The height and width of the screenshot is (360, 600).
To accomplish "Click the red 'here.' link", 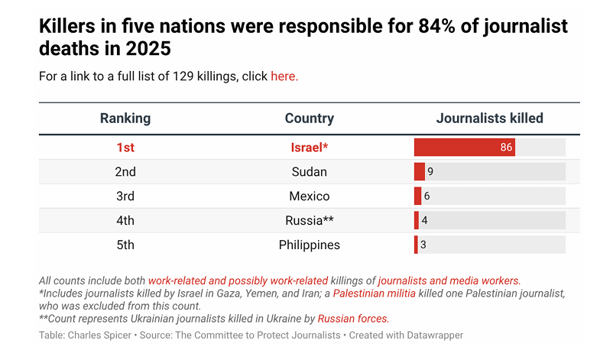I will [x=284, y=76].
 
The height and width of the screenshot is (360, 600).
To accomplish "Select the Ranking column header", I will [x=125, y=118].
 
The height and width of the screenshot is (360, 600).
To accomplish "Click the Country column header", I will [x=309, y=118].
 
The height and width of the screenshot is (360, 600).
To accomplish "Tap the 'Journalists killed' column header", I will [x=489, y=118].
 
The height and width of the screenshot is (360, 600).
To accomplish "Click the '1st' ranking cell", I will [x=125, y=148].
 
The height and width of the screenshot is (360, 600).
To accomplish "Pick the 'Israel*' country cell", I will [x=309, y=148].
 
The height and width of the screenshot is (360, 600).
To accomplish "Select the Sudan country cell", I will [x=309, y=172].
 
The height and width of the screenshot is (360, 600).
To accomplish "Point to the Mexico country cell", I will [x=309, y=196].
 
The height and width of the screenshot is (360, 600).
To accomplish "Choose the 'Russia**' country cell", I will [x=309, y=221].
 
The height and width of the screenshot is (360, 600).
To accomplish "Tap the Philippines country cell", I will [x=309, y=245].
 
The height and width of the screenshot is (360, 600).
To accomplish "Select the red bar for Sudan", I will [x=419, y=172].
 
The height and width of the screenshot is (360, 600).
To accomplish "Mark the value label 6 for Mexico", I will [x=426, y=196].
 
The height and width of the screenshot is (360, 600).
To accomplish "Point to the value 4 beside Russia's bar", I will [x=424, y=221].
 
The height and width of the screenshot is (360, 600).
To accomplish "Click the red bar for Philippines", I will [x=416, y=245].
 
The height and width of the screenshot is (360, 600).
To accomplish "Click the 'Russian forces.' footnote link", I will [x=353, y=319].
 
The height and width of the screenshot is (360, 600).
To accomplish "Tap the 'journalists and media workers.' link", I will [x=449, y=281].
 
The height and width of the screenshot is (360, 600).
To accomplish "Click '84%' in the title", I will [x=445, y=27].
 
